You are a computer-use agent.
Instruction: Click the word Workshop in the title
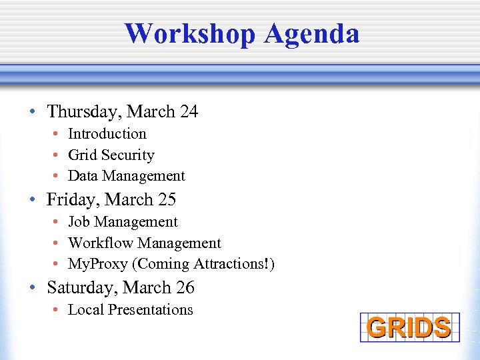coord(191,33)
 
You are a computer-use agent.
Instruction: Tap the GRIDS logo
coord(409,327)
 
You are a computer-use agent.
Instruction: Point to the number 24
coord(189,111)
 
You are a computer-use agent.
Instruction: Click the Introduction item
coord(107,134)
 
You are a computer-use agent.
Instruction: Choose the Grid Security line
coord(111,155)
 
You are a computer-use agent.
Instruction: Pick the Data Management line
coord(126,176)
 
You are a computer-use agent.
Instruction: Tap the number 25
coord(167,199)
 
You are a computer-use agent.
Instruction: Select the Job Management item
coord(123,222)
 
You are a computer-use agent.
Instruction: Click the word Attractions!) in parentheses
coord(233,264)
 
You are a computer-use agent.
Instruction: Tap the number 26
coord(185,287)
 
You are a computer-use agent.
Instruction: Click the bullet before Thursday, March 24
coord(32,112)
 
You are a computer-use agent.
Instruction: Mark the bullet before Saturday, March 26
coord(32,288)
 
